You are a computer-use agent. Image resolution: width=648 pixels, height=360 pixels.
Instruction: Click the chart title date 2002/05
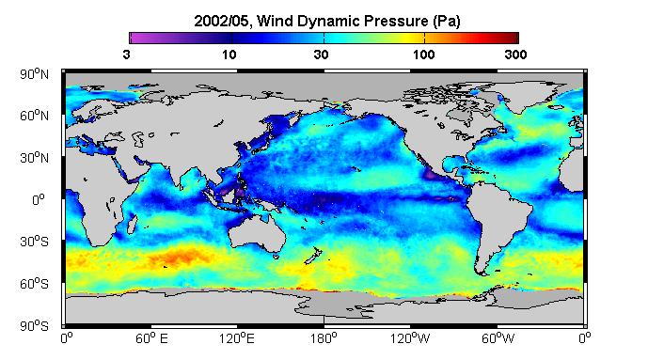pos(222,21)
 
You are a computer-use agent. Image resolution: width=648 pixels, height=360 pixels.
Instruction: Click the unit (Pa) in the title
pos(447,21)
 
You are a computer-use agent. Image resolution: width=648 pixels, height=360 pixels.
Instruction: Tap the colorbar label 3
pos(126,55)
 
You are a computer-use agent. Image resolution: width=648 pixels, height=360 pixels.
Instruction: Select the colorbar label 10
pos(229,55)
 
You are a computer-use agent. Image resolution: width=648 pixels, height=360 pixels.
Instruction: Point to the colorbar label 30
pos(321,55)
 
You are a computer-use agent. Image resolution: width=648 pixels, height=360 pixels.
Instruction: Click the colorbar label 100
pos(423,55)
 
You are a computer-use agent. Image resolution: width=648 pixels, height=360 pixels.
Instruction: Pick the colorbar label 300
pos(515,55)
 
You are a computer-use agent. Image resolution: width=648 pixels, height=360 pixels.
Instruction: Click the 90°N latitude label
pos(34,74)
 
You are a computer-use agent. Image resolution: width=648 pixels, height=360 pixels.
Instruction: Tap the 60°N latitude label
pos(34,116)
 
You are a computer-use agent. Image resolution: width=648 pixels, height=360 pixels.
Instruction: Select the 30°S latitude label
pos(34,242)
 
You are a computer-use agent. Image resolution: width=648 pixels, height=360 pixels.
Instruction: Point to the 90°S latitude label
pos(34,326)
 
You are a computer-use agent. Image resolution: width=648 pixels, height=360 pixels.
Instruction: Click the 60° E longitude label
pos(151,338)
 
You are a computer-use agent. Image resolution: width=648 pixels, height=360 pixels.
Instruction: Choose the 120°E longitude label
pos(237,338)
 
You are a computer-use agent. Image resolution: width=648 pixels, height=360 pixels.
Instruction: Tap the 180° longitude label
pos(324,338)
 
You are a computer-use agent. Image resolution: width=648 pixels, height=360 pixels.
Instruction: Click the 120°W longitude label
pos(410,338)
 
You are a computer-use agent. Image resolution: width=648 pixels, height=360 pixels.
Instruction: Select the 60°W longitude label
pos(498,338)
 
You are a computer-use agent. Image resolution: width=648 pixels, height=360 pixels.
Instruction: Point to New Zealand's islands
pos(313,256)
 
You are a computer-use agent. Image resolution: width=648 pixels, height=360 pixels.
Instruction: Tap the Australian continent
pos(258,232)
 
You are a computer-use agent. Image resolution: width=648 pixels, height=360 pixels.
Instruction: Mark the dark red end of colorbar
pos(514,38)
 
